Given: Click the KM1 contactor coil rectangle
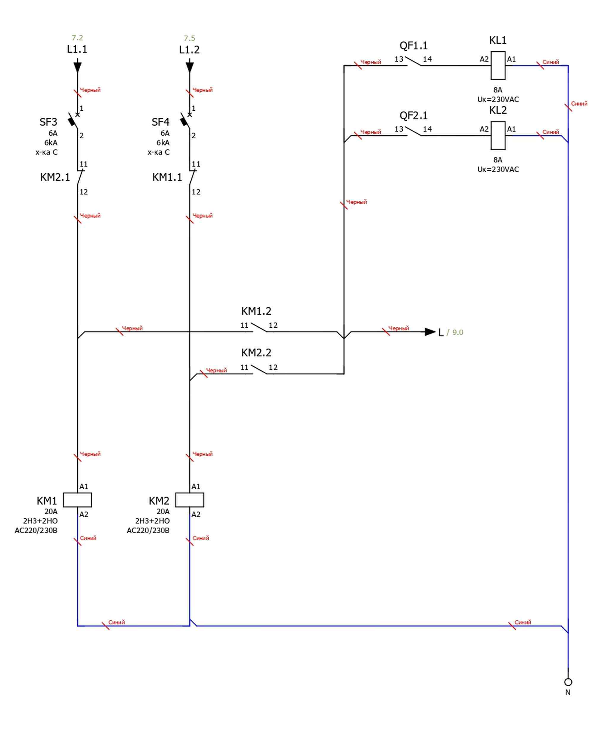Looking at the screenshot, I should [x=77, y=500].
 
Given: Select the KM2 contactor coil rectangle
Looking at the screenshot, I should [x=190, y=500].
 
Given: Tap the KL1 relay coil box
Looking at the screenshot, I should [x=498, y=66].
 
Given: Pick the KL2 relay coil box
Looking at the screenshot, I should [x=498, y=135].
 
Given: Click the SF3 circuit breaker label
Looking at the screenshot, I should [x=48, y=122].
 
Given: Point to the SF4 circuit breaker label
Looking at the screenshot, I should [x=160, y=122].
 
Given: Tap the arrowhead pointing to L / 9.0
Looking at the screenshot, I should [x=430, y=332].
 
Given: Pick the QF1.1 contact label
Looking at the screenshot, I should [x=413, y=46].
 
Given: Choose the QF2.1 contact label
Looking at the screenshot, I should [x=413, y=116].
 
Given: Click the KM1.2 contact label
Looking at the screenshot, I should [x=256, y=311].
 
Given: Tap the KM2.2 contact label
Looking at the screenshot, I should [x=256, y=353].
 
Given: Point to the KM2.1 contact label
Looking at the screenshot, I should [x=55, y=177].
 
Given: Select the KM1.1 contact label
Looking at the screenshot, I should [x=167, y=177].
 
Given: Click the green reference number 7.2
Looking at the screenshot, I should [x=77, y=38].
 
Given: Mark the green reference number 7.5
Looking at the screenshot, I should [x=190, y=38].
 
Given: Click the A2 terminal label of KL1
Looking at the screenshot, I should [x=484, y=59].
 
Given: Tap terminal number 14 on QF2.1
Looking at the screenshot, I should [x=427, y=129].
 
